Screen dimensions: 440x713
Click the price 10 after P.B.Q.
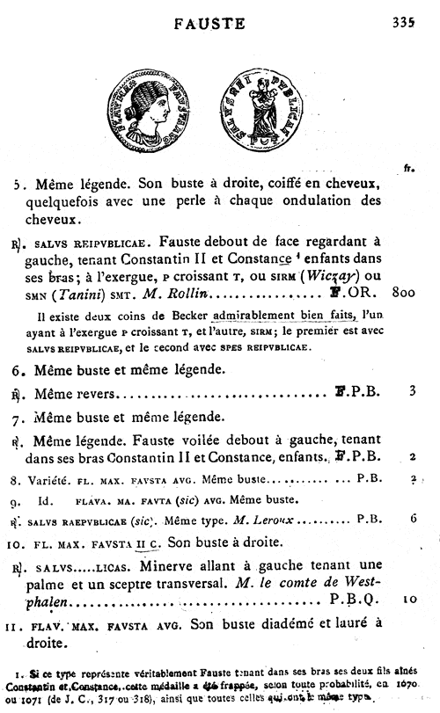409,601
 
